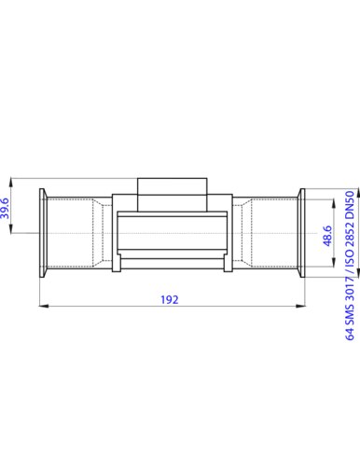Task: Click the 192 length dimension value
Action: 170,300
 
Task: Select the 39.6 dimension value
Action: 6,208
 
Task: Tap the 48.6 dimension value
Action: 327,236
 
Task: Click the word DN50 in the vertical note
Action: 350,205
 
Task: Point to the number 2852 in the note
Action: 350,235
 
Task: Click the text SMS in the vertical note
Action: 350,314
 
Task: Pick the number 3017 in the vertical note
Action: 350,290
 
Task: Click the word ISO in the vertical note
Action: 350,258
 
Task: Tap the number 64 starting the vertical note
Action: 350,333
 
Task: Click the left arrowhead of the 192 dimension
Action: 44,306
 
